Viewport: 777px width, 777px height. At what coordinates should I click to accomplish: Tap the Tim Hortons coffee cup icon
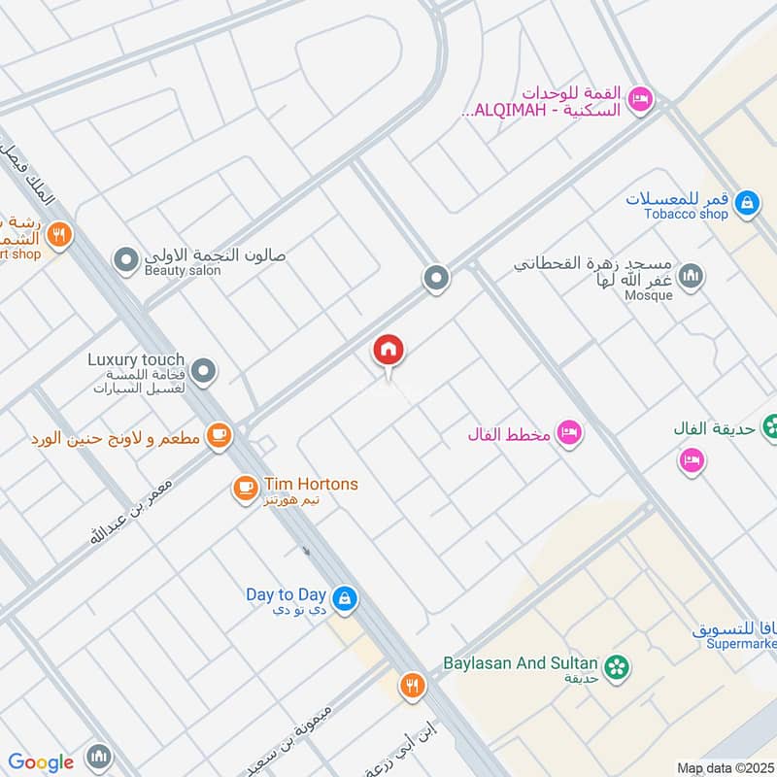point(245,488)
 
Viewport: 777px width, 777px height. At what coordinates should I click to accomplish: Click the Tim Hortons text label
point(310,484)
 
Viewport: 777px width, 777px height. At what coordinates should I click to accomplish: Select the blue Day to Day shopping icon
point(343,598)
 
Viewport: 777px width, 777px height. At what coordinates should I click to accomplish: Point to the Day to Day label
point(286,593)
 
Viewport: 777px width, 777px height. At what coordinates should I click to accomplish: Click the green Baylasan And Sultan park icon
point(614,666)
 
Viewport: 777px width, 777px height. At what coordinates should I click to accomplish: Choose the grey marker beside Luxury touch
point(204,370)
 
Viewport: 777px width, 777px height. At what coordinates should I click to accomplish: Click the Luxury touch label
point(136,358)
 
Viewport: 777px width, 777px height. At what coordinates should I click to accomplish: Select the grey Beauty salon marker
point(125,260)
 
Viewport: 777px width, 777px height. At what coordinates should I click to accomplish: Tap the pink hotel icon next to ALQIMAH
point(640,98)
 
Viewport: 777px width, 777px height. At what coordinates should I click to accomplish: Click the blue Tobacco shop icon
point(746,203)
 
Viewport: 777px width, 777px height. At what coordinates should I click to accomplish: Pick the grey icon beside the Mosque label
point(692,278)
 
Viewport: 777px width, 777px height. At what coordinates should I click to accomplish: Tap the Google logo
point(41,762)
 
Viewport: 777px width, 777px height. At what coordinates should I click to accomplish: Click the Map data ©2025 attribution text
point(724,767)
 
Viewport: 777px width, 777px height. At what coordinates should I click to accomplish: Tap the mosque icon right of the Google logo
point(98,757)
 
